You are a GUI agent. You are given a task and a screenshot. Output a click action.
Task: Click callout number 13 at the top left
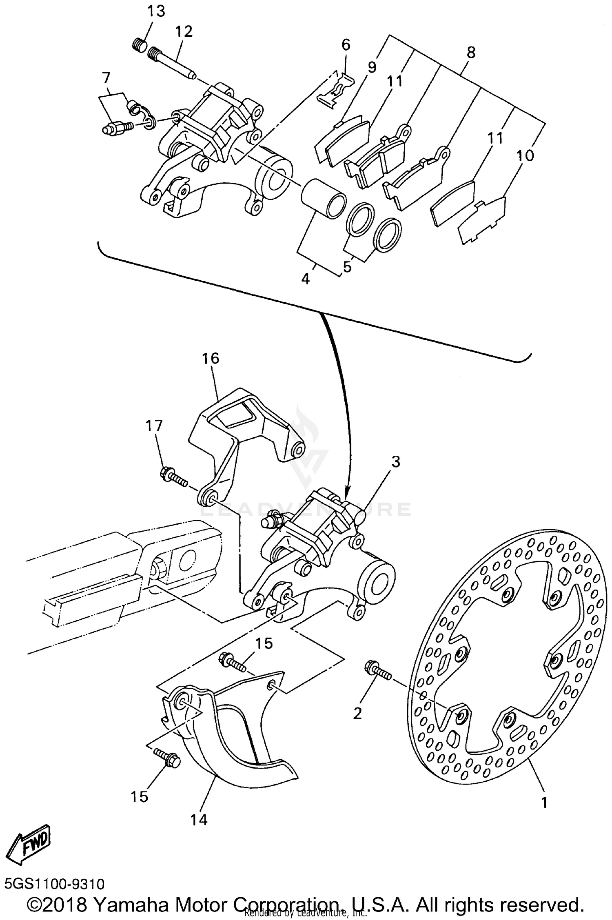click(x=156, y=11)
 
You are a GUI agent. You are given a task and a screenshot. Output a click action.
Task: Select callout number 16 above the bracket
click(x=211, y=358)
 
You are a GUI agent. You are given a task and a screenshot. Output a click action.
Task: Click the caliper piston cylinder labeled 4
click(x=322, y=197)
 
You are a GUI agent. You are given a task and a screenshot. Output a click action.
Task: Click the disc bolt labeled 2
click(x=378, y=670)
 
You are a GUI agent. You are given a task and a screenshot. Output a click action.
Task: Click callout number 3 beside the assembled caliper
click(x=395, y=462)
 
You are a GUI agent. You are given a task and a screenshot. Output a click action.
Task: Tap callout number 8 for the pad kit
click(x=471, y=52)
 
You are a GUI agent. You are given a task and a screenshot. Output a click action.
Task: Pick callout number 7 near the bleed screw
click(x=106, y=77)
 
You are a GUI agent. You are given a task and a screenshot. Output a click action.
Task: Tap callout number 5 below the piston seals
click(x=347, y=267)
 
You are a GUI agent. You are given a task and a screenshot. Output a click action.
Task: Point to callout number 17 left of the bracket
click(x=154, y=426)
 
